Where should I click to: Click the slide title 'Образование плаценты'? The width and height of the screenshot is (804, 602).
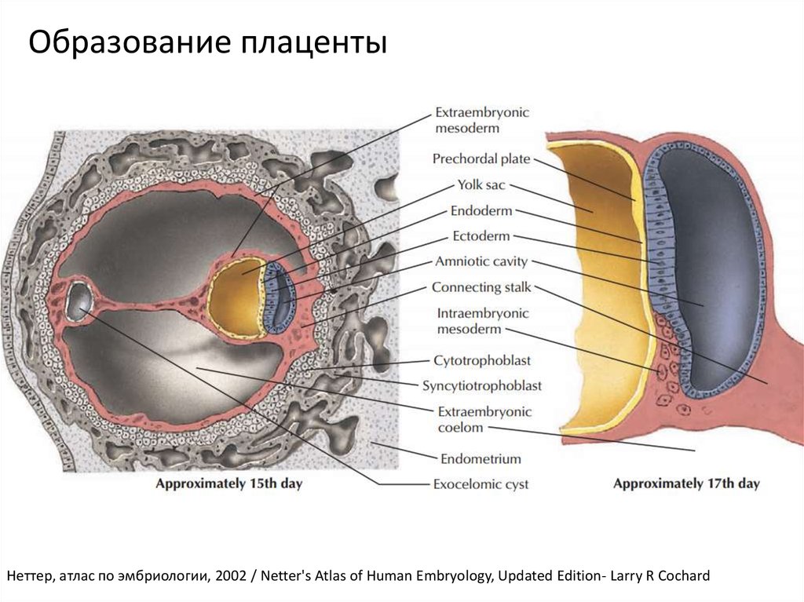click(x=207, y=43)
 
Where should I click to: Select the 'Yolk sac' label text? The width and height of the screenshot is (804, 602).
click(x=481, y=186)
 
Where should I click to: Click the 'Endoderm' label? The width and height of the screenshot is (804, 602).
click(x=481, y=211)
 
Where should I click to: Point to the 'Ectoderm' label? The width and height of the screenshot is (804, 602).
click(x=481, y=236)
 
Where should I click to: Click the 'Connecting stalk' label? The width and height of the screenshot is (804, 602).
click(x=481, y=287)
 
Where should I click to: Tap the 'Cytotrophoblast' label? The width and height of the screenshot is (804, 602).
click(x=482, y=360)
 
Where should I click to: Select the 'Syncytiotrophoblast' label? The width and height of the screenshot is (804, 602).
click(x=482, y=385)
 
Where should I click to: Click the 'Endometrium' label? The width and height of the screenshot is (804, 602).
click(x=481, y=458)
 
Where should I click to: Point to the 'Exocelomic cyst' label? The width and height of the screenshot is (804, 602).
click(x=481, y=484)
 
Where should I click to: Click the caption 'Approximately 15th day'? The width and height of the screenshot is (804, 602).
click(x=228, y=483)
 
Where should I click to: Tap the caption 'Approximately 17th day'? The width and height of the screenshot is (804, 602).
click(x=686, y=483)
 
